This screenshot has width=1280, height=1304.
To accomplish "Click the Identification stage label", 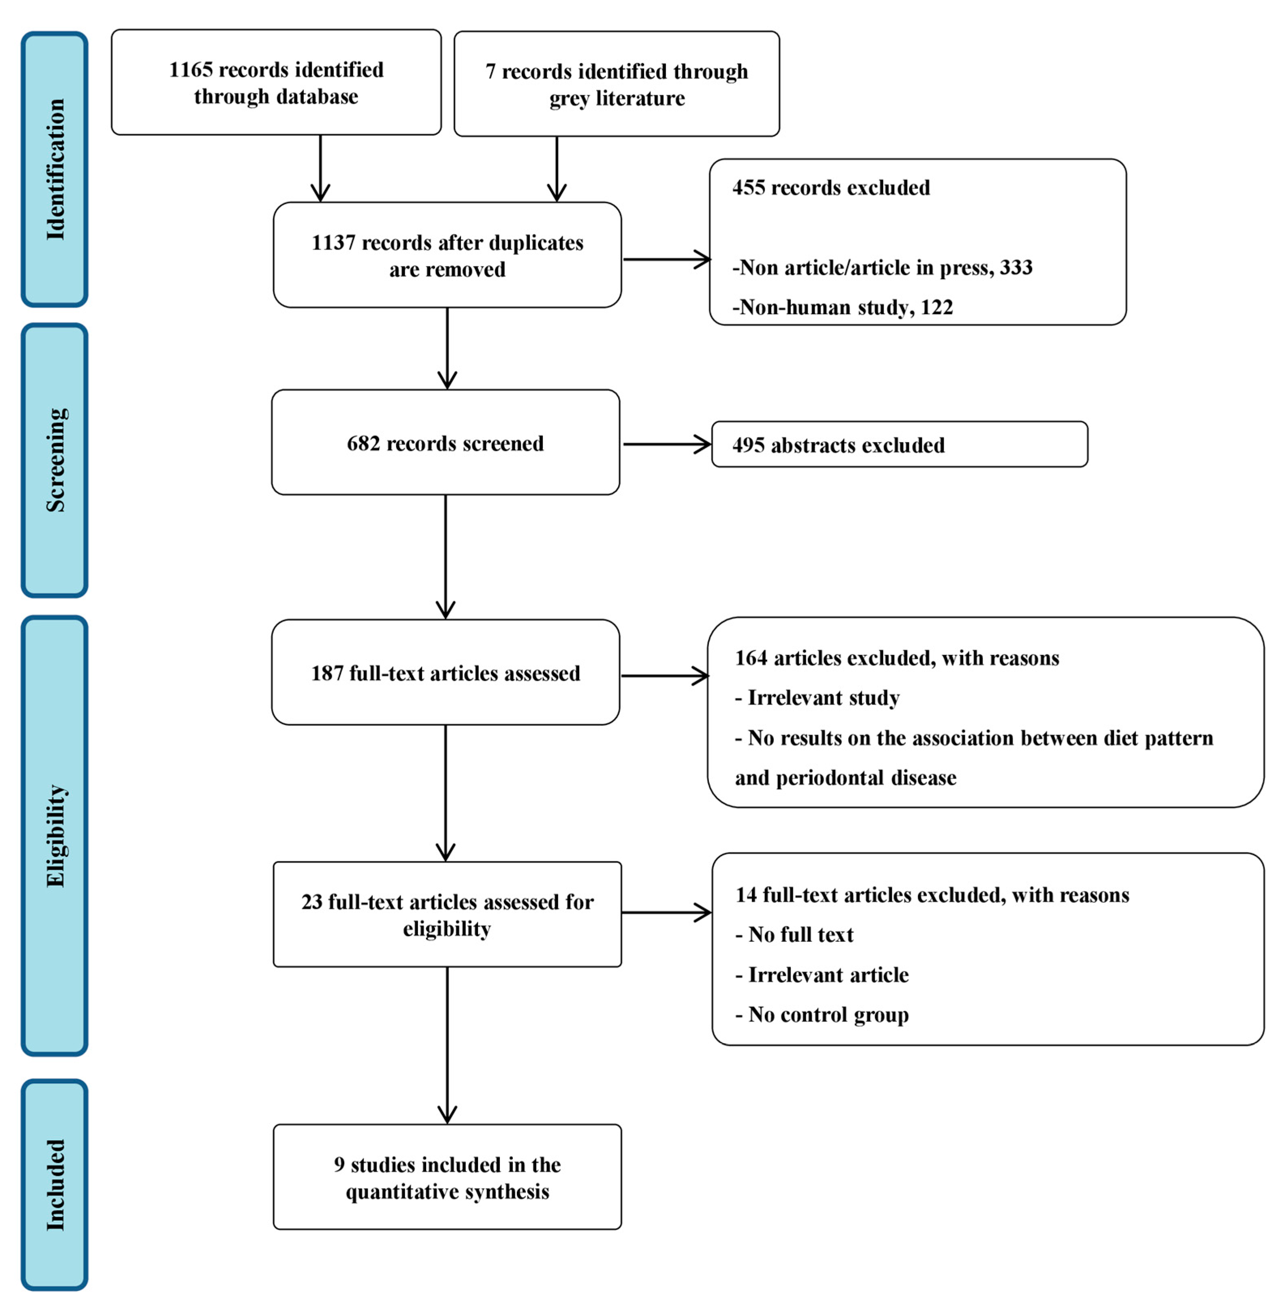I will [x=55, y=169].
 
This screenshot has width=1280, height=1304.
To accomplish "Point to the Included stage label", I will [x=55, y=1185].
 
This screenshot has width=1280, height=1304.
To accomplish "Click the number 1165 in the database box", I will [x=190, y=70].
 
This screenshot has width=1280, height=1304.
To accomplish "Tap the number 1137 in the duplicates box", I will [x=333, y=243].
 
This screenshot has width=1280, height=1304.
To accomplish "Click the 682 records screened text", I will [x=445, y=444].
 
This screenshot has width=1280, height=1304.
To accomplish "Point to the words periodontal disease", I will [x=866, y=778].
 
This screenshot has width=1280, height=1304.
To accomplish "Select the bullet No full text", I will [x=800, y=935].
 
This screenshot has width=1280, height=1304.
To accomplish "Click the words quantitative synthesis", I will [x=447, y=1193].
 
